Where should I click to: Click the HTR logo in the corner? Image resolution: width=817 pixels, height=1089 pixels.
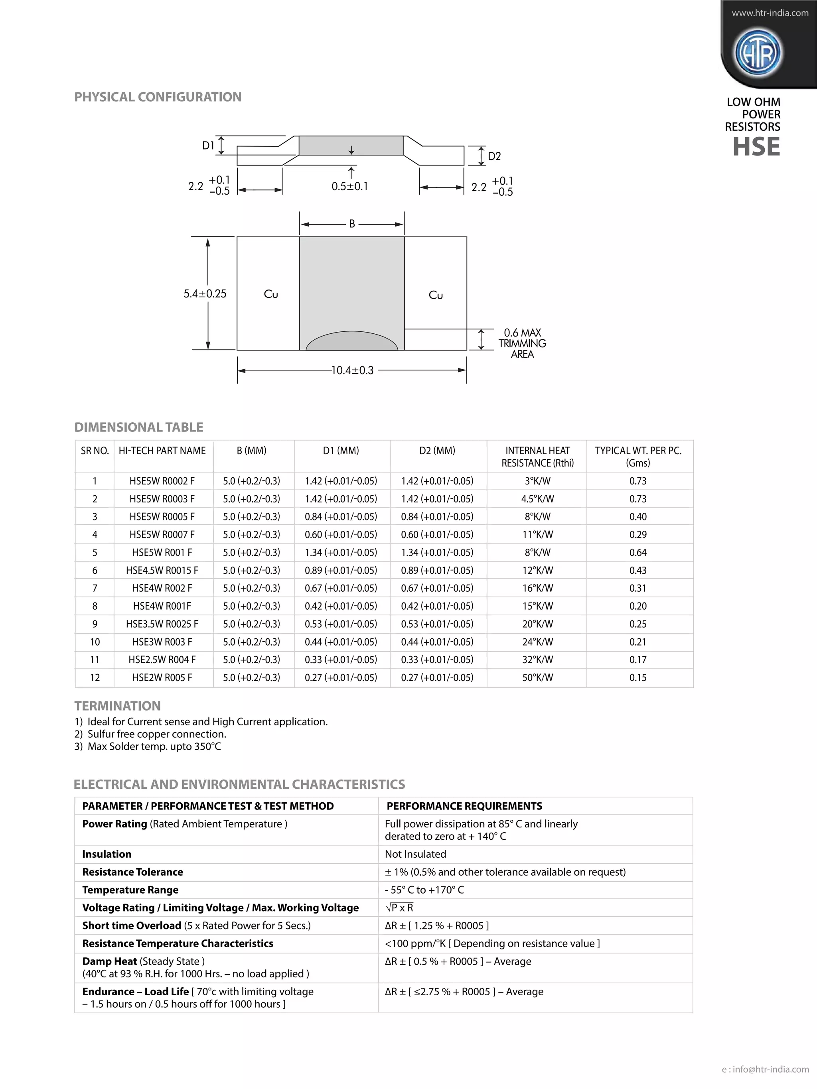758,53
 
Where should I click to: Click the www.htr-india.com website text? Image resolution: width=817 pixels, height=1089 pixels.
770,13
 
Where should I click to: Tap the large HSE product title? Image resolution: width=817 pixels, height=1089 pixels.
756,147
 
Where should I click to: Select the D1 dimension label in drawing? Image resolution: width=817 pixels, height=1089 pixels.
208,146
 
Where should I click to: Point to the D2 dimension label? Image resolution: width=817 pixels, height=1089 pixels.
494,157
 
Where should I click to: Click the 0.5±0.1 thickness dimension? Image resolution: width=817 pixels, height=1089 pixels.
349,187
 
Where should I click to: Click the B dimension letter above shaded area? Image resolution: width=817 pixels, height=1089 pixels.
352,224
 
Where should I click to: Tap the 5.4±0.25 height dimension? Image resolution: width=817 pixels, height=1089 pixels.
205,294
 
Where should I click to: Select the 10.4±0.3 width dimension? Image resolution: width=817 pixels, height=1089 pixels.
352,370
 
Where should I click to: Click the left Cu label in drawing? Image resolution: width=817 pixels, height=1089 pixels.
271,294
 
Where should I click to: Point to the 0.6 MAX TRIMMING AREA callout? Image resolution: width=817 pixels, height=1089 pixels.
522,343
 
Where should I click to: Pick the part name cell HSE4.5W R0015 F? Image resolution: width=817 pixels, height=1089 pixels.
162,570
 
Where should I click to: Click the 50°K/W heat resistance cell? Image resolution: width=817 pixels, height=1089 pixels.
537,677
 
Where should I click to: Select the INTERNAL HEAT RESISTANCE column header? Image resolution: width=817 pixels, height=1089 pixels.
537,457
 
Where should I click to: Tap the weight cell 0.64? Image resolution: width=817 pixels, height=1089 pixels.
638,552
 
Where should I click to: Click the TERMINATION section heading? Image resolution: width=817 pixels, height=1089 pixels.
117,706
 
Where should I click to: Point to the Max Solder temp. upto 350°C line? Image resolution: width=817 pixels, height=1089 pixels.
154,746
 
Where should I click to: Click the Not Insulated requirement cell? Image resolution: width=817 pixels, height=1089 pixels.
415,854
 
